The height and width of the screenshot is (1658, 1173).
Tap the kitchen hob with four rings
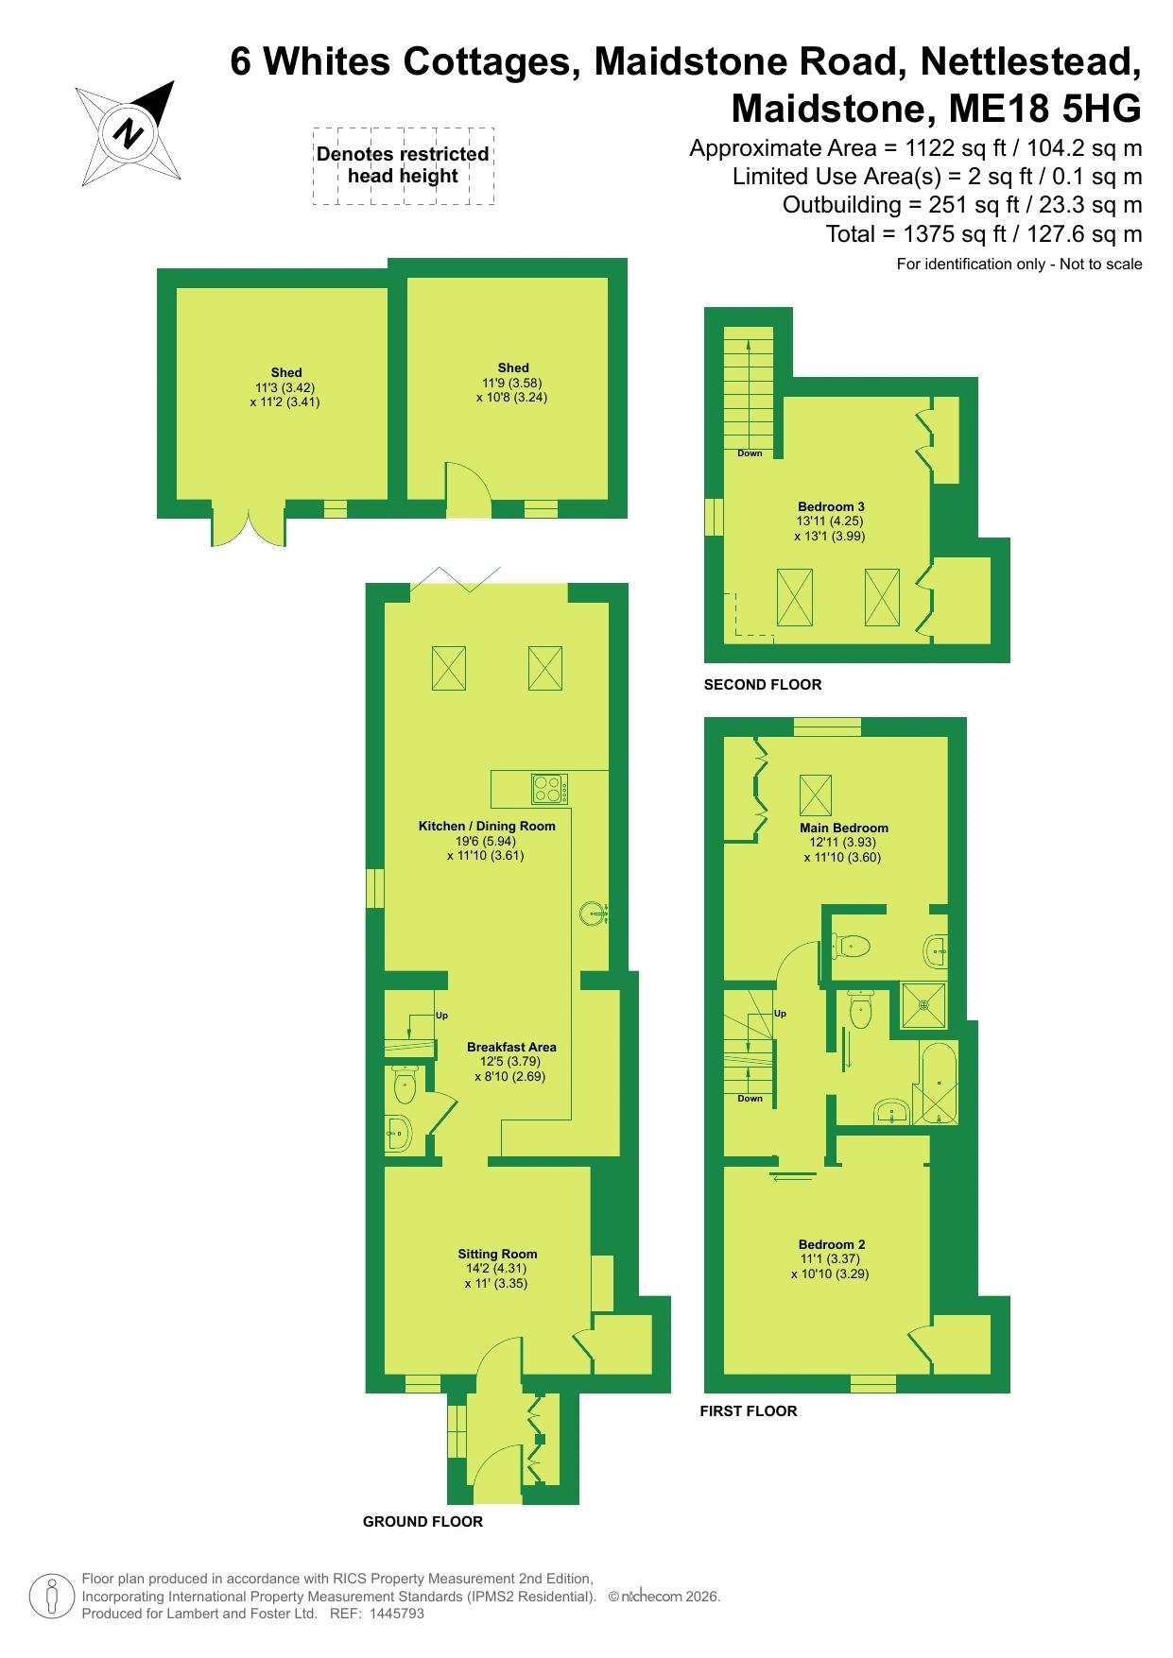click(550, 788)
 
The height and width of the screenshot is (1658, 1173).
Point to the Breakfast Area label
click(511, 1047)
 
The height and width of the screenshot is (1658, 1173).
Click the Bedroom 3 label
click(831, 506)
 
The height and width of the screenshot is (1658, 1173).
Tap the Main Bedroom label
click(830, 828)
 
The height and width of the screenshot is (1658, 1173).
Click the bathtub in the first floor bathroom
click(939, 1084)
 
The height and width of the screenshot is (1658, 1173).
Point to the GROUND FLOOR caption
click(423, 1521)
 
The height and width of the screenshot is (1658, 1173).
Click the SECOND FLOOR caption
click(763, 684)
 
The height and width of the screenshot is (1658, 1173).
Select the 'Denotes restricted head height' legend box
click(404, 166)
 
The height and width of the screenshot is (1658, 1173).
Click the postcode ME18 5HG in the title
click(1044, 109)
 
